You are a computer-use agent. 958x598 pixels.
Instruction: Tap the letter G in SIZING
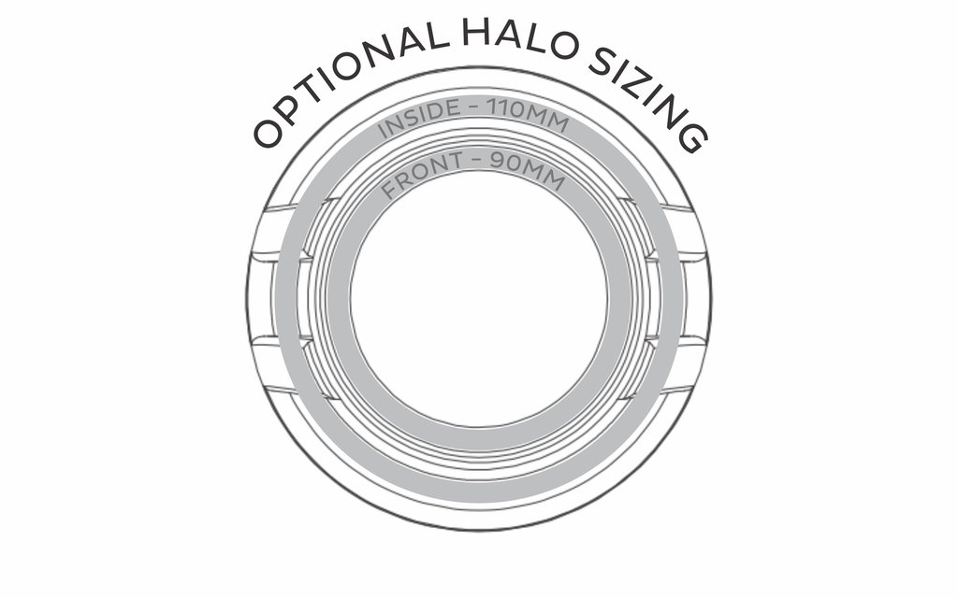690,136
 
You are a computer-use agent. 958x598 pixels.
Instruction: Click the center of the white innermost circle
479,298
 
